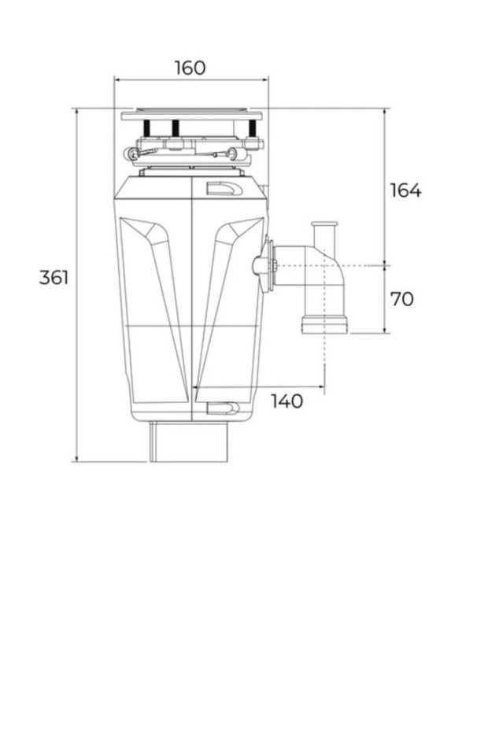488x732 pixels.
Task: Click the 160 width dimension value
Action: pos(190,68)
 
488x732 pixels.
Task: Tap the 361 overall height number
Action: pos(54,277)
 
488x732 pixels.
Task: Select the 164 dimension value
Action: pos(405,190)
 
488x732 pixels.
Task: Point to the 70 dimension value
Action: pos(401,299)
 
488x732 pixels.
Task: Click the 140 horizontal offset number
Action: pos(287,401)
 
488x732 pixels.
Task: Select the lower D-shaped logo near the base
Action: pos(223,408)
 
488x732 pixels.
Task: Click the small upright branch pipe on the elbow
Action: pos(323,234)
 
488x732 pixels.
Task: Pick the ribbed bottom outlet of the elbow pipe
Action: pos(324,324)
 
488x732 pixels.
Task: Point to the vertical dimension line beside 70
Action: pos(384,300)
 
